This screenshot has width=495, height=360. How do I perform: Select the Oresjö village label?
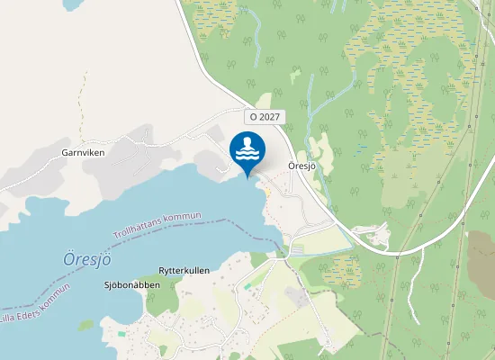[x=301, y=166]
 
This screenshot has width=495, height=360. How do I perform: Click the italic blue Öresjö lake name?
[x=86, y=258]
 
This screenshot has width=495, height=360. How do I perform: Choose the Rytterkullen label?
[x=184, y=270]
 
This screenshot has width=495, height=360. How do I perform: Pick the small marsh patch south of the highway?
[x=343, y=266]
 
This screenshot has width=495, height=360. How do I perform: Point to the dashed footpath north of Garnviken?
[x=83, y=99]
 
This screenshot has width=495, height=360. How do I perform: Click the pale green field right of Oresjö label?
[x=320, y=148]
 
